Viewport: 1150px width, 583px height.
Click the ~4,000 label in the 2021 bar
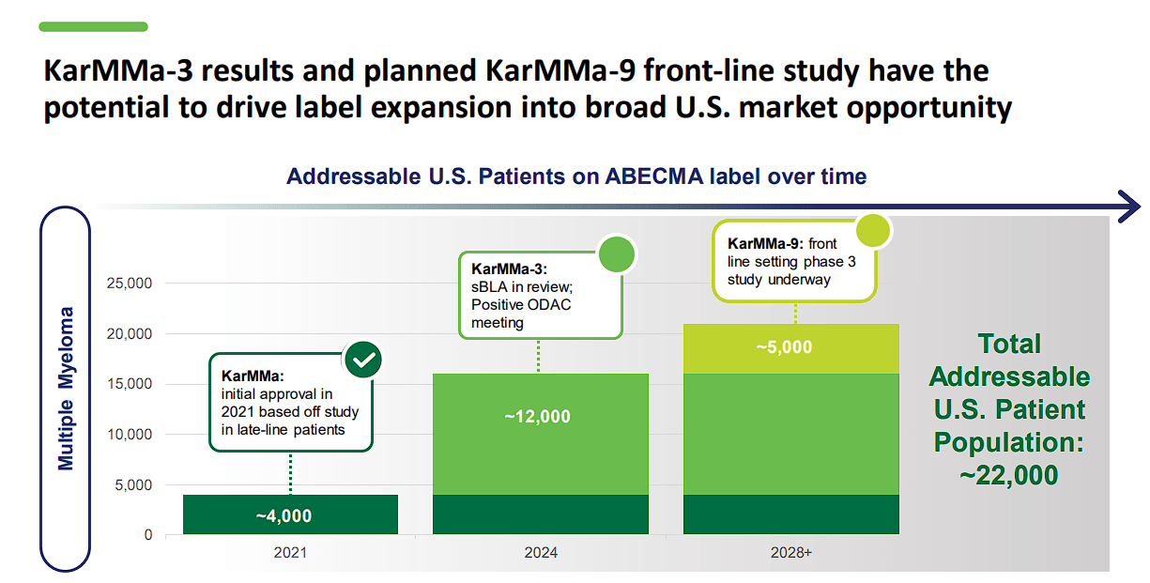click(283, 515)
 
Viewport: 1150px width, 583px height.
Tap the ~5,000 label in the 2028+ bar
click(784, 346)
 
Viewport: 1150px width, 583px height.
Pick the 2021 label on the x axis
click(290, 553)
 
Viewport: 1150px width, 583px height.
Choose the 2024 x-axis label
click(541, 553)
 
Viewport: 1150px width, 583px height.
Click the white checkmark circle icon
click(362, 359)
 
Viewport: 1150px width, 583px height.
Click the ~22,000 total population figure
click(1009, 474)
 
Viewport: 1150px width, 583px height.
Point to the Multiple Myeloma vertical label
click(66, 388)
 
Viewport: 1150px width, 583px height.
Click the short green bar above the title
click(93, 27)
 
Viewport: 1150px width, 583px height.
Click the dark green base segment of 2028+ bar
click(790, 514)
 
